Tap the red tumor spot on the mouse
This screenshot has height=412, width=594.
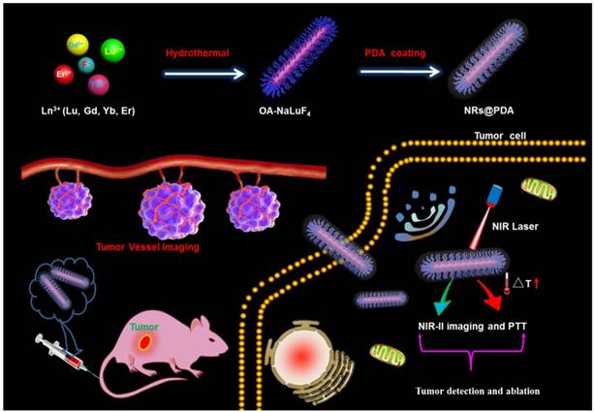(144, 343)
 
